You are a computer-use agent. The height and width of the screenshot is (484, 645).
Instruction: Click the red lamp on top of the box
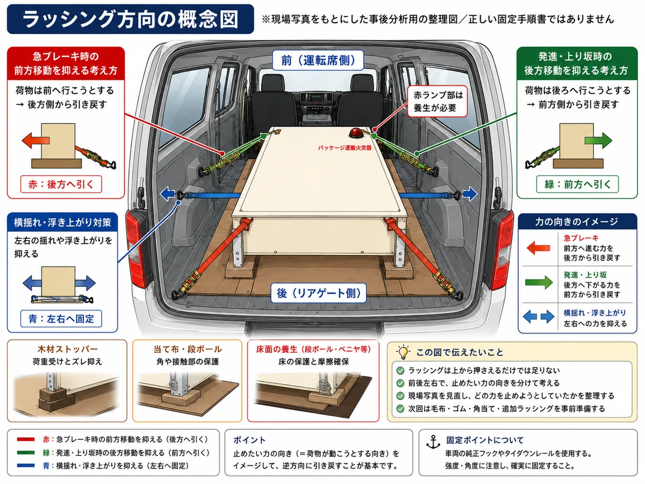(x=356, y=133)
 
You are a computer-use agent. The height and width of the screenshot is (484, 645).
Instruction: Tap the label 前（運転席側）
(x=318, y=60)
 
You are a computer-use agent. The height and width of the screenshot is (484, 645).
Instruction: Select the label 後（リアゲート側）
(x=319, y=293)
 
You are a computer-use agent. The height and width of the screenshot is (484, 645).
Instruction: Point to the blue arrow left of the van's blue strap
(x=167, y=194)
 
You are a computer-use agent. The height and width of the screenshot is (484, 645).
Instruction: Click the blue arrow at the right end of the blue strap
(x=470, y=194)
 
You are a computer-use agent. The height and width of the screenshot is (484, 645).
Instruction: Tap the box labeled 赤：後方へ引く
(x=61, y=184)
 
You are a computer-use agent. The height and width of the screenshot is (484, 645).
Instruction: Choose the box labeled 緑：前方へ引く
(x=577, y=184)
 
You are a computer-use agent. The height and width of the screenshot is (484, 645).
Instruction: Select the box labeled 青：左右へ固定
(x=61, y=318)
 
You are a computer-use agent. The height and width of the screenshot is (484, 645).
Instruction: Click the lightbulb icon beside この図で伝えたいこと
(x=404, y=352)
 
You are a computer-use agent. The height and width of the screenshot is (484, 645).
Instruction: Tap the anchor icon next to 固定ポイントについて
(x=433, y=442)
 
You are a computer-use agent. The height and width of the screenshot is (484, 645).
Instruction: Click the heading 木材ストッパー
(x=67, y=349)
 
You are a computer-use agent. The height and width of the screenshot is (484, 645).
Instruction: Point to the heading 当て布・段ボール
(x=188, y=349)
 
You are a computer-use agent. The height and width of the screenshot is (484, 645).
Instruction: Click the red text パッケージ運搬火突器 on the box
(x=345, y=148)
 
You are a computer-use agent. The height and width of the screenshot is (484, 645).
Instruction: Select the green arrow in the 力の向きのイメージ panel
(x=539, y=282)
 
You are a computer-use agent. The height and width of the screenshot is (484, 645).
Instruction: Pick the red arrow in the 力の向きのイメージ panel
(x=539, y=248)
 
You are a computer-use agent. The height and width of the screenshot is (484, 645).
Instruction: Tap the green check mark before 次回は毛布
(x=400, y=409)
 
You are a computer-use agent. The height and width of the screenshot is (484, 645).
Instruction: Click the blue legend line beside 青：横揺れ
(x=26, y=466)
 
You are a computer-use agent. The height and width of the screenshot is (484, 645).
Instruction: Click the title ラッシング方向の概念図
(x=130, y=19)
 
